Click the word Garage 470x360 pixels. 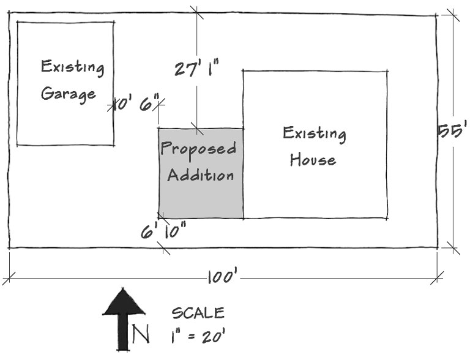[69, 94]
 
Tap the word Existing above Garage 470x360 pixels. [73, 67]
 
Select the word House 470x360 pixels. [313, 159]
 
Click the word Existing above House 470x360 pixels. [315, 134]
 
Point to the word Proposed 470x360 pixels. [198, 148]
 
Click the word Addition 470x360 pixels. [201, 174]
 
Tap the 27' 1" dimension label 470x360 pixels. [196, 68]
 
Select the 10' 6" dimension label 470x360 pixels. [136, 104]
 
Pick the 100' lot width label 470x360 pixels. [223, 277]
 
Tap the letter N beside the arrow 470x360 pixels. [141, 334]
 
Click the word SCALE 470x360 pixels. [198, 313]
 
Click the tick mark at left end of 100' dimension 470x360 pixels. [9, 279]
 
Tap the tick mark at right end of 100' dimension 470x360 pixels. [437, 278]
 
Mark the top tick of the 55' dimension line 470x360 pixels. [453, 15]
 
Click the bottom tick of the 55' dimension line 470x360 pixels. [453, 248]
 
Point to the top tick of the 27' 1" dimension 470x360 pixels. [196, 13]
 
